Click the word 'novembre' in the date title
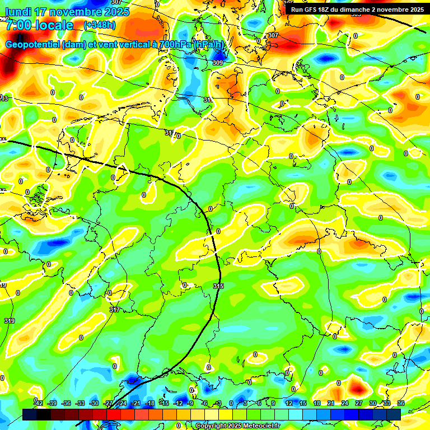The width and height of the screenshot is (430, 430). pyautogui.click(x=73, y=12)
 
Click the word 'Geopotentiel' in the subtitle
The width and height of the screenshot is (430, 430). pyautogui.click(x=32, y=45)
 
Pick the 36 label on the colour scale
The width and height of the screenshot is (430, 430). pyautogui.click(x=401, y=403)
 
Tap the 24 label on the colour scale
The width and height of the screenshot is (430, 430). pyautogui.click(x=344, y=403)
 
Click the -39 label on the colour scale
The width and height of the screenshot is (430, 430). pyautogui.click(x=53, y=403)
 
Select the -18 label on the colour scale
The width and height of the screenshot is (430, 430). pyautogui.click(x=149, y=403)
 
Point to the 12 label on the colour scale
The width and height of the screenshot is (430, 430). pyautogui.click(x=288, y=403)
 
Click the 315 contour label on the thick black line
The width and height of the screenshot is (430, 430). pyautogui.click(x=219, y=286)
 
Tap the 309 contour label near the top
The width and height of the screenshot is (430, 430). pyautogui.click(x=218, y=63)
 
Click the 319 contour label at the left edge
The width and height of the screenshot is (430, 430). pyautogui.click(x=10, y=321)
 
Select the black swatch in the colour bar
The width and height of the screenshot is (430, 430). pyautogui.click(x=44, y=414)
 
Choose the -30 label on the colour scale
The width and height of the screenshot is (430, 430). pyautogui.click(x=94, y=403)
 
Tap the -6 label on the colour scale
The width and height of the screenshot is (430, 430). pyautogui.click(x=204, y=403)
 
